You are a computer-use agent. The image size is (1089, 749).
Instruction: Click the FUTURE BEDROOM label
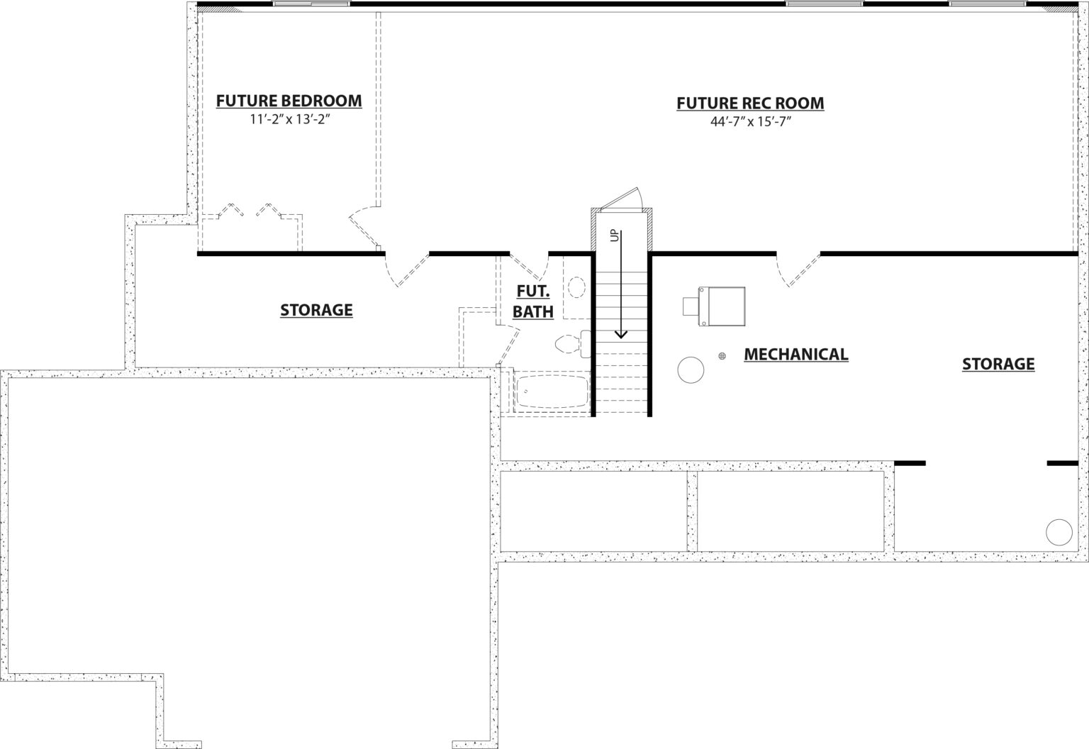pyautogui.click(x=289, y=101)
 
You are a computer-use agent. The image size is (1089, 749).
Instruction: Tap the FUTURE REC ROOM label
pyautogui.click(x=750, y=103)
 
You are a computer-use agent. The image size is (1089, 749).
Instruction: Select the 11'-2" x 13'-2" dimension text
pyautogui.click(x=290, y=119)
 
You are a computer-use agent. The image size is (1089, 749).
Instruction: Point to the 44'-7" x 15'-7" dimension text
pyautogui.click(x=751, y=121)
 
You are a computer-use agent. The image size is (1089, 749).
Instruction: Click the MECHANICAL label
pyautogui.click(x=796, y=354)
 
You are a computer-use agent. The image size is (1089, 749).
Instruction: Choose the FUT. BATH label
pyautogui.click(x=533, y=301)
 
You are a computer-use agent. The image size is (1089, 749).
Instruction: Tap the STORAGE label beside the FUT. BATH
pyautogui.click(x=316, y=310)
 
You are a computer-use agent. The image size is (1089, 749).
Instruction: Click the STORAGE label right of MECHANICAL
pyautogui.click(x=998, y=364)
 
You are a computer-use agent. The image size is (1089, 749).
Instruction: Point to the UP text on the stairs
pyautogui.click(x=615, y=235)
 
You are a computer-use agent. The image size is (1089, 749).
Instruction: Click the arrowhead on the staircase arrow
pyautogui.click(x=621, y=334)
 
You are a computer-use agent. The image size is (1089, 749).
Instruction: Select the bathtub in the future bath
pyautogui.click(x=552, y=391)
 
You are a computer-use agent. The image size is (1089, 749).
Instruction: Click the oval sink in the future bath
pyautogui.click(x=576, y=287)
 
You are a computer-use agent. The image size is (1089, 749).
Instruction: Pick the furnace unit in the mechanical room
pyautogui.click(x=715, y=306)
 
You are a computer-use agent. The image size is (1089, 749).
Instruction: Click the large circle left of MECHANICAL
pyautogui.click(x=691, y=370)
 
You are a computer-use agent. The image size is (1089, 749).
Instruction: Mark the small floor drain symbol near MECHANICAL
pyautogui.click(x=722, y=356)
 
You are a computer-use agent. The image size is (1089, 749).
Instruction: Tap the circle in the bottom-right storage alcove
pyautogui.click(x=1059, y=532)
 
